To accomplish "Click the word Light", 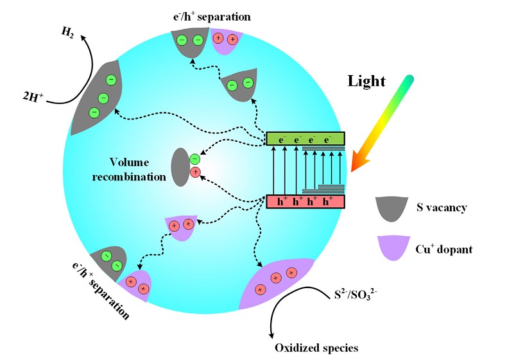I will coord(366,81).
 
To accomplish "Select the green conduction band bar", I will coord(305,138).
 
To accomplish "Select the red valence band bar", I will coord(305,201).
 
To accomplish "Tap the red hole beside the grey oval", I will coord(195,172).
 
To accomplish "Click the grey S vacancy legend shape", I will coord(392,207).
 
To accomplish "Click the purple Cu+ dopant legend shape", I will coord(392,248).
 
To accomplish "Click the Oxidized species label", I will coord(316,348).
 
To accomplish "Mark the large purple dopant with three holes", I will coord(275,283).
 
